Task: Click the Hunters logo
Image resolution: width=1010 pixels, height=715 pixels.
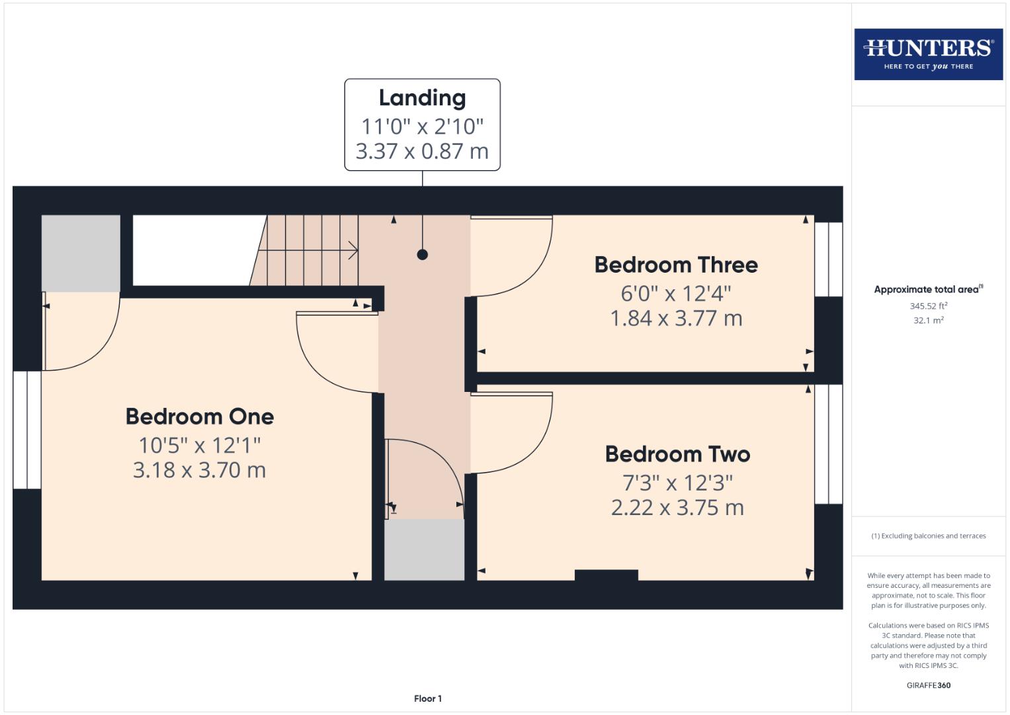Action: coord(928,54)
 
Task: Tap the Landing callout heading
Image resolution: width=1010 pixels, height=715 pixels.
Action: coord(422,98)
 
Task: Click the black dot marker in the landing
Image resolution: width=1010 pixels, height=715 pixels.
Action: coord(422,254)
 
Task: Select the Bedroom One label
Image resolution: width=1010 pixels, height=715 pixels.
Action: coord(200,416)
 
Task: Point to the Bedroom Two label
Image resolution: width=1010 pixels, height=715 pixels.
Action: coord(677,454)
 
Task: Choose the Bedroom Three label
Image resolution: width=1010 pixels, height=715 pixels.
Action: coord(676,265)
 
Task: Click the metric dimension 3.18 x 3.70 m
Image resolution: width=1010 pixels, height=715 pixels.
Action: coord(200,470)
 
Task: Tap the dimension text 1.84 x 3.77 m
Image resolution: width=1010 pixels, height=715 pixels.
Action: coord(676,318)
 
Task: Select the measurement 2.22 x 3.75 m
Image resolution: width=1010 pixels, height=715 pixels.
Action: coord(677,508)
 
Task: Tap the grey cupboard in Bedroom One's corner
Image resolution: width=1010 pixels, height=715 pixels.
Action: coord(81,253)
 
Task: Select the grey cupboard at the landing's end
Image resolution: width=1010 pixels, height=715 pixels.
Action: coord(424,549)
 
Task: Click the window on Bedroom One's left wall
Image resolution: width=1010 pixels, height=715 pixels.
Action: coord(27,430)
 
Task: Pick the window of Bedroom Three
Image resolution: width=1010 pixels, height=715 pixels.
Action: coord(828,259)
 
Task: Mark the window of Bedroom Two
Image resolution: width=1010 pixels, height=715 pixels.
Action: coord(828,444)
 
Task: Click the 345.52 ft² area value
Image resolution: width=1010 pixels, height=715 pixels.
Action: coord(928,306)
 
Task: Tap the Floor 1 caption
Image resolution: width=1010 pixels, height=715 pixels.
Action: coord(428,698)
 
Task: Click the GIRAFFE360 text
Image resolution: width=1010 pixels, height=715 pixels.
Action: coord(928,685)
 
